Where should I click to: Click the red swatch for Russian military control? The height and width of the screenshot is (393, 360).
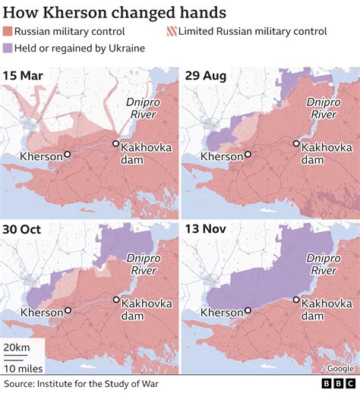pyautogui.click(x=10, y=32)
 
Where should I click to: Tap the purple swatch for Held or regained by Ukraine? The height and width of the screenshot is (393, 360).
pyautogui.click(x=10, y=49)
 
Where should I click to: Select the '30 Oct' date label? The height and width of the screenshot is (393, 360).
pyautogui.click(x=23, y=230)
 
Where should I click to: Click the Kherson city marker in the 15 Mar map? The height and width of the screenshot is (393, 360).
pyautogui.click(x=68, y=155)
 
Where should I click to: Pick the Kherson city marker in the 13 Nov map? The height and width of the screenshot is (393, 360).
pyautogui.click(x=248, y=310)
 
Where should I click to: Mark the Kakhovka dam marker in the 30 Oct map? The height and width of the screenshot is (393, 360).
pyautogui.click(x=115, y=299)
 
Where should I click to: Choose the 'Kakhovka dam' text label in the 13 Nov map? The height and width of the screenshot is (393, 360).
pyautogui.click(x=324, y=310)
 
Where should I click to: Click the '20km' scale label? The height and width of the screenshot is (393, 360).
pyautogui.click(x=17, y=346)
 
